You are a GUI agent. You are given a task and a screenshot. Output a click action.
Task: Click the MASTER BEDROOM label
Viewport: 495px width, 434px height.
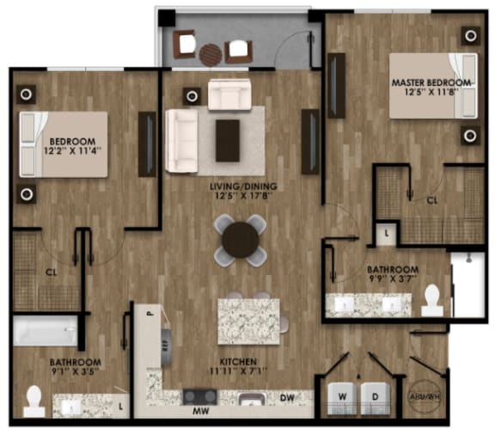(431, 83)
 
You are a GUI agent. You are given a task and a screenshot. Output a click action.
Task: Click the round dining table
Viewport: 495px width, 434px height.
(240, 240)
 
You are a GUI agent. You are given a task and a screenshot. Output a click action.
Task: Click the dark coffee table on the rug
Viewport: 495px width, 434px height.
(228, 139)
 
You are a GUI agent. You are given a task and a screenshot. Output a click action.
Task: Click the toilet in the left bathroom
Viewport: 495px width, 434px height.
(35, 400)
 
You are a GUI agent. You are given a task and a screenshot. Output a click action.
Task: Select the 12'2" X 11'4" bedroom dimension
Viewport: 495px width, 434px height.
(64, 149)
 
